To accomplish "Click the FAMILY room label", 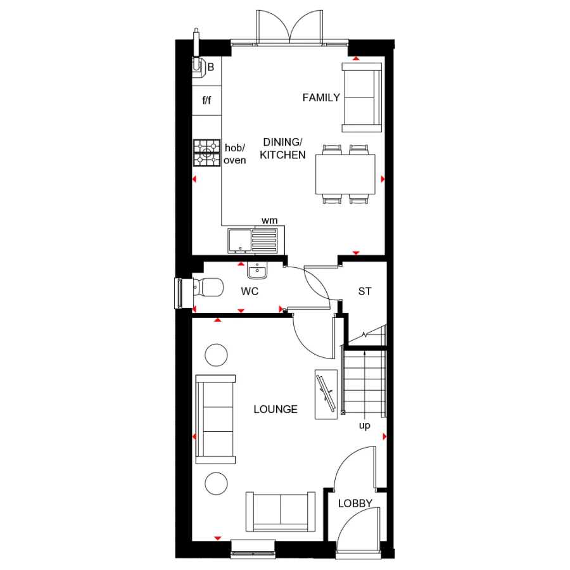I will [321, 98].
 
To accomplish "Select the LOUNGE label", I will [275, 409].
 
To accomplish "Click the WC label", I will [249, 292].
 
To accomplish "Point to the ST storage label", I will [364, 292].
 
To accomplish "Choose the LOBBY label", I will [355, 503].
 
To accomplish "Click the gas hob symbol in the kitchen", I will [206, 153].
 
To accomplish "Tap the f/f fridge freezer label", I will [206, 100].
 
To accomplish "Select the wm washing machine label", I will [270, 220].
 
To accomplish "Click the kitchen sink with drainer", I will [253, 239].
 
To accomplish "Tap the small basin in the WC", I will [257, 271].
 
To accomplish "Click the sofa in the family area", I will [362, 97].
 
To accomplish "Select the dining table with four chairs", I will [345, 174].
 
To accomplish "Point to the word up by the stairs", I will [365, 426].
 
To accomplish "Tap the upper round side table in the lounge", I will [216, 355].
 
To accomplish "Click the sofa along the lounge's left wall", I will [216, 419].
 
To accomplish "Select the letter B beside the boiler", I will [211, 66].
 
